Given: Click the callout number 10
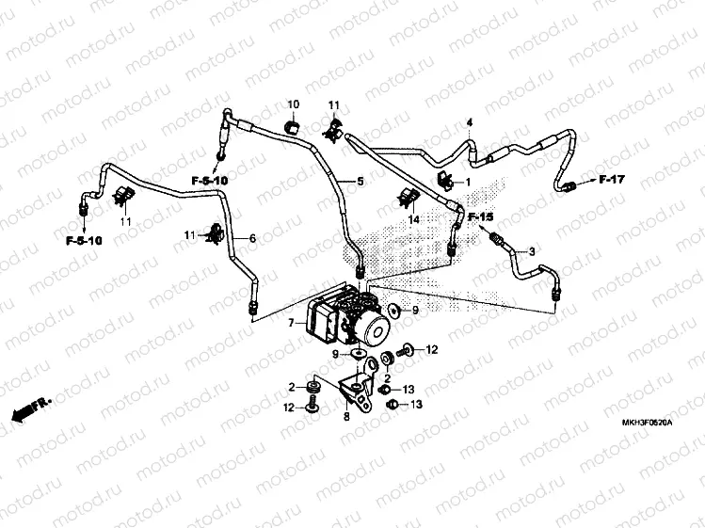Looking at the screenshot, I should pos(292,104).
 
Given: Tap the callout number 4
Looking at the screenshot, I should pos(470,123).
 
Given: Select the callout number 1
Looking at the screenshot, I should pos(468,182).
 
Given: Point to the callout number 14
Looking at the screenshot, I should pos(412,219).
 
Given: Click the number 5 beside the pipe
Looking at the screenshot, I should pos(360,182).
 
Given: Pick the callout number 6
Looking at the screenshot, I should pos(252,239).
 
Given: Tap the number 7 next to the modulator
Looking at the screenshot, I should pos(291,323).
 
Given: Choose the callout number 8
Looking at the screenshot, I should pos(346,415).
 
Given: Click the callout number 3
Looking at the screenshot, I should pos(531,251).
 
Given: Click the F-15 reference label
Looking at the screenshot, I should pos(481,218).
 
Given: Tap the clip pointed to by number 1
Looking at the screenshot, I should pos(446,180).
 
